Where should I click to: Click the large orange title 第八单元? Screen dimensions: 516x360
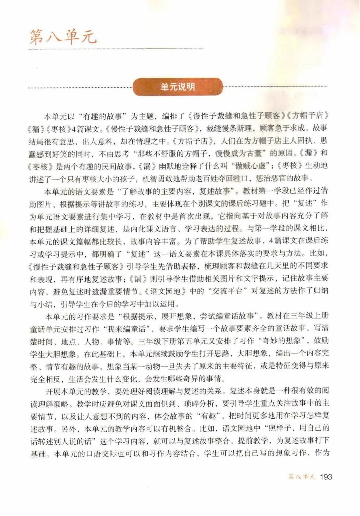click(63, 36)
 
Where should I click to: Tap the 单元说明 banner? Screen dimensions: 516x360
click(178, 87)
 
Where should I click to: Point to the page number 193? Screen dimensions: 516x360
click(325, 477)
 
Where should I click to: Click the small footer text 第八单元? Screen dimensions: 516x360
click(302, 477)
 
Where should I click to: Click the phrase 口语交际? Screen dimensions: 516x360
click(109, 454)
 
